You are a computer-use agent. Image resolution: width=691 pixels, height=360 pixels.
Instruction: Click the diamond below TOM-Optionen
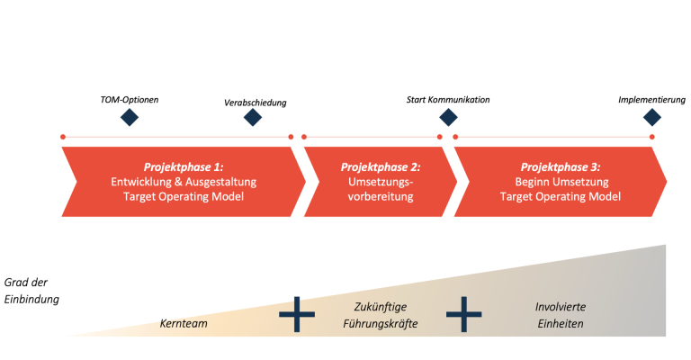point(130,117)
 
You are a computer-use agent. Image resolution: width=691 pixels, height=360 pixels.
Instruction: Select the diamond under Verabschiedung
point(253,117)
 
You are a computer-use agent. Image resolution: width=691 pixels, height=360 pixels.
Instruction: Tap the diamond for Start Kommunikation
point(448,117)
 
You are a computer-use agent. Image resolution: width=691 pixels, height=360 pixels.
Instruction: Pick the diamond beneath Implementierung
point(652,117)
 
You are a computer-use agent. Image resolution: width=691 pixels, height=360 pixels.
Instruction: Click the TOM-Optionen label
point(130,100)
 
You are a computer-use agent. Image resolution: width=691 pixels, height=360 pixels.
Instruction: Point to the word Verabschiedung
point(256,103)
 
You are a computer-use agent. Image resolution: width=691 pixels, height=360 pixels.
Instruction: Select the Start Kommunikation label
point(448,100)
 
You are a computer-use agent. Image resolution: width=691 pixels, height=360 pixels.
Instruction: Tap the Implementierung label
point(651,100)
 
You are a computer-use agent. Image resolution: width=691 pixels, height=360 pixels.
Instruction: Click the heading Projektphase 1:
point(184,167)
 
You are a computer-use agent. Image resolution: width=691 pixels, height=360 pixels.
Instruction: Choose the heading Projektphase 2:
point(381,167)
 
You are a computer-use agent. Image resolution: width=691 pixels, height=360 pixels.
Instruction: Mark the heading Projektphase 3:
point(561,167)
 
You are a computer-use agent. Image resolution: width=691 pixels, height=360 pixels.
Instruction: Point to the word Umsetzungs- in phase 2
point(381,182)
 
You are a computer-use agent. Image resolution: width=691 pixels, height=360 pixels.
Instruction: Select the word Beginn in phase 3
point(532,182)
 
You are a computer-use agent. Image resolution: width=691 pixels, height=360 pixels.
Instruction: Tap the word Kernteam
point(184,323)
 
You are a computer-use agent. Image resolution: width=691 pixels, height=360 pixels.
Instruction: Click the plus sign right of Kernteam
point(297,314)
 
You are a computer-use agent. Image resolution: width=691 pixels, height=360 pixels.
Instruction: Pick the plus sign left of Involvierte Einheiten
point(463,314)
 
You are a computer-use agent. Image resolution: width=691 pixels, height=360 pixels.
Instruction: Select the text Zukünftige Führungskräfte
point(381,315)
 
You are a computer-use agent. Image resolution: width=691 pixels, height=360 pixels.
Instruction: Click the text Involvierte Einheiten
point(561,315)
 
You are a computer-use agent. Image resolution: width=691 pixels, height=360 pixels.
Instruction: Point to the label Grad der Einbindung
point(31,291)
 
